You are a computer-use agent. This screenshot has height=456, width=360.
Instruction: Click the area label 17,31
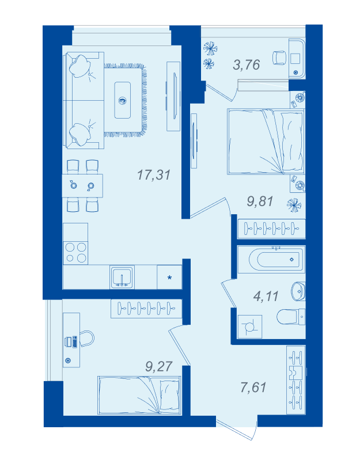pos(154,175)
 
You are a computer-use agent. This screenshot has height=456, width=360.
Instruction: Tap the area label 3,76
pos(246,64)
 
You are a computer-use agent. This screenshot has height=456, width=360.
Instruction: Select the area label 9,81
pos(260,202)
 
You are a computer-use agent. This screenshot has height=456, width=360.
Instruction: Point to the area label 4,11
pos(266,296)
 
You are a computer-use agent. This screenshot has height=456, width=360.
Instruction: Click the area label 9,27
pos(159,366)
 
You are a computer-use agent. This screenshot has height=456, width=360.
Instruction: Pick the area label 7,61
pos(253,387)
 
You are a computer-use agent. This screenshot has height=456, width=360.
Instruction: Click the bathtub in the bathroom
pos(271,260)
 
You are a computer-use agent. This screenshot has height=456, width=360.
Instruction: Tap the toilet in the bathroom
pos(290,317)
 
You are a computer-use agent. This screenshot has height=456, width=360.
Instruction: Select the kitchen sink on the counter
pos(122,277)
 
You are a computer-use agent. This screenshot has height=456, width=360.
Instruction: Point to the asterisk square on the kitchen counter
pos(169,277)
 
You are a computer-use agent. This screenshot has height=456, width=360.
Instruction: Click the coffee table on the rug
pos(123,100)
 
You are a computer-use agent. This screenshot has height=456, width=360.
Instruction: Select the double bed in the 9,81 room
pos(266,142)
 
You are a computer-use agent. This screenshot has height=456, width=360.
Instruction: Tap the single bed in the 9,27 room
pos(139,395)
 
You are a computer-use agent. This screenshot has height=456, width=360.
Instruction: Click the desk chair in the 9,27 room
pos(87,339)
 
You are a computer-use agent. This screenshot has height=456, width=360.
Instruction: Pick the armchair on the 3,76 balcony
pos(279,58)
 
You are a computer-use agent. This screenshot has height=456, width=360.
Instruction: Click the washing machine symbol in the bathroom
pos(250,326)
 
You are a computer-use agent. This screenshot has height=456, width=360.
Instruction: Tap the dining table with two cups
pos(82,186)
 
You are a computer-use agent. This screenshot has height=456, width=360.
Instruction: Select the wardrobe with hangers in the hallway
pos(296,380)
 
